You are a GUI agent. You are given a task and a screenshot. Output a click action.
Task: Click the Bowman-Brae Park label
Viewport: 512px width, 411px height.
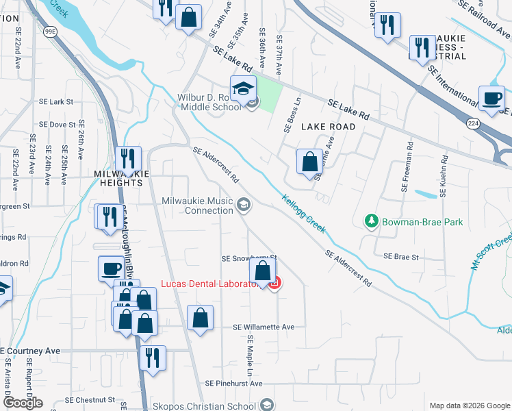pos(422,222)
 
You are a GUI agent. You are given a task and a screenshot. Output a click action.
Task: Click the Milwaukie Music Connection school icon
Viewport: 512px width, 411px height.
pos(243,205)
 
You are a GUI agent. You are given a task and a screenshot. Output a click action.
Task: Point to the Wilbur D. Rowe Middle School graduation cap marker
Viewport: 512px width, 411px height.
pos(242,90)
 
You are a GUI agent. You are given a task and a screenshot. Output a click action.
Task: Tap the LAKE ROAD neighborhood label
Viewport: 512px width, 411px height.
pos(329,127)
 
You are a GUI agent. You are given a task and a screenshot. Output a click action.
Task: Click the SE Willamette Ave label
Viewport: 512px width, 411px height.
pos(264,327)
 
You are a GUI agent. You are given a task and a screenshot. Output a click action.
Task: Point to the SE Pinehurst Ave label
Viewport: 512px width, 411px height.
pos(238,383)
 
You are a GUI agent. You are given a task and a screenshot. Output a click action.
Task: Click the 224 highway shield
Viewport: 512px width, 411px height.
pos(472,123)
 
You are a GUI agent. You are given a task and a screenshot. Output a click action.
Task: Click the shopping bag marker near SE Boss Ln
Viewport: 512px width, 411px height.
pos(310,162)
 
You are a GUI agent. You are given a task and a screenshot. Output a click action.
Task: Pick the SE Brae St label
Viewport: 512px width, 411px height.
pos(400,256)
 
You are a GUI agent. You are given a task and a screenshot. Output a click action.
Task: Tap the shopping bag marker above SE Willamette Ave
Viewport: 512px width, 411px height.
pos(200,318)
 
